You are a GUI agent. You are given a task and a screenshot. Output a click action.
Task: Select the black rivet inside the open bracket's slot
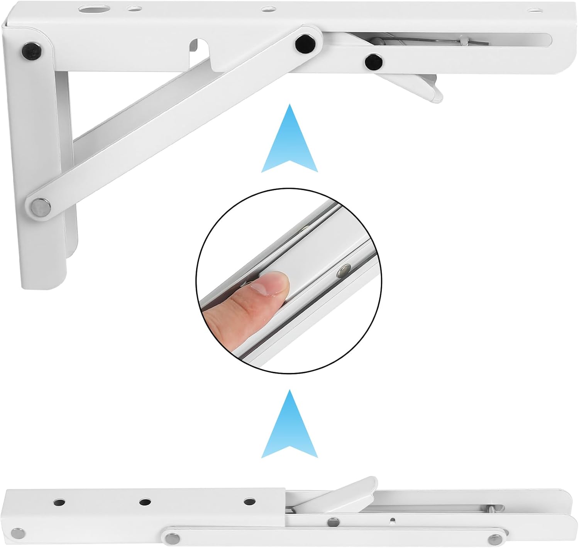coord(372,61)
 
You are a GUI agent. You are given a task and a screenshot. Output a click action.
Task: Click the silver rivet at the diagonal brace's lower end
coord(40,205)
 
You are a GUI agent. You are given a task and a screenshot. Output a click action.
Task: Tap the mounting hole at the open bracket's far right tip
coord(534,10)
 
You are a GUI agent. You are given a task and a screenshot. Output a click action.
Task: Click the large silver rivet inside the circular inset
coord(342,272)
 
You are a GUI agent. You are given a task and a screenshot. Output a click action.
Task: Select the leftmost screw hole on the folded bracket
coord(59,502)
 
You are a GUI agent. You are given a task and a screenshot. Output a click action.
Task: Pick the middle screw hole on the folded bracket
coord(145,502)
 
